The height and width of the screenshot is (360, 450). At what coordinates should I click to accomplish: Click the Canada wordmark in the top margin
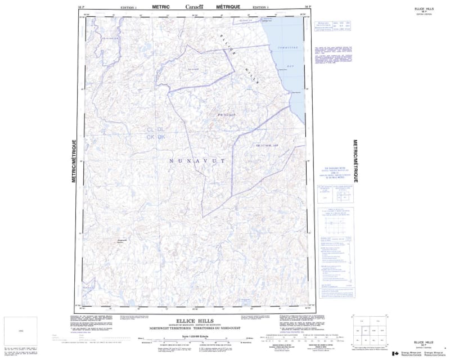[196, 6]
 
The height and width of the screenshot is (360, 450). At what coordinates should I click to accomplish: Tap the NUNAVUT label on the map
[197, 161]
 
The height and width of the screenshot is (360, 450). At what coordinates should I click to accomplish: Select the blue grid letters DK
[161, 137]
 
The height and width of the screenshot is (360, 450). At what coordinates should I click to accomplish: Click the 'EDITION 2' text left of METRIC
[129, 7]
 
